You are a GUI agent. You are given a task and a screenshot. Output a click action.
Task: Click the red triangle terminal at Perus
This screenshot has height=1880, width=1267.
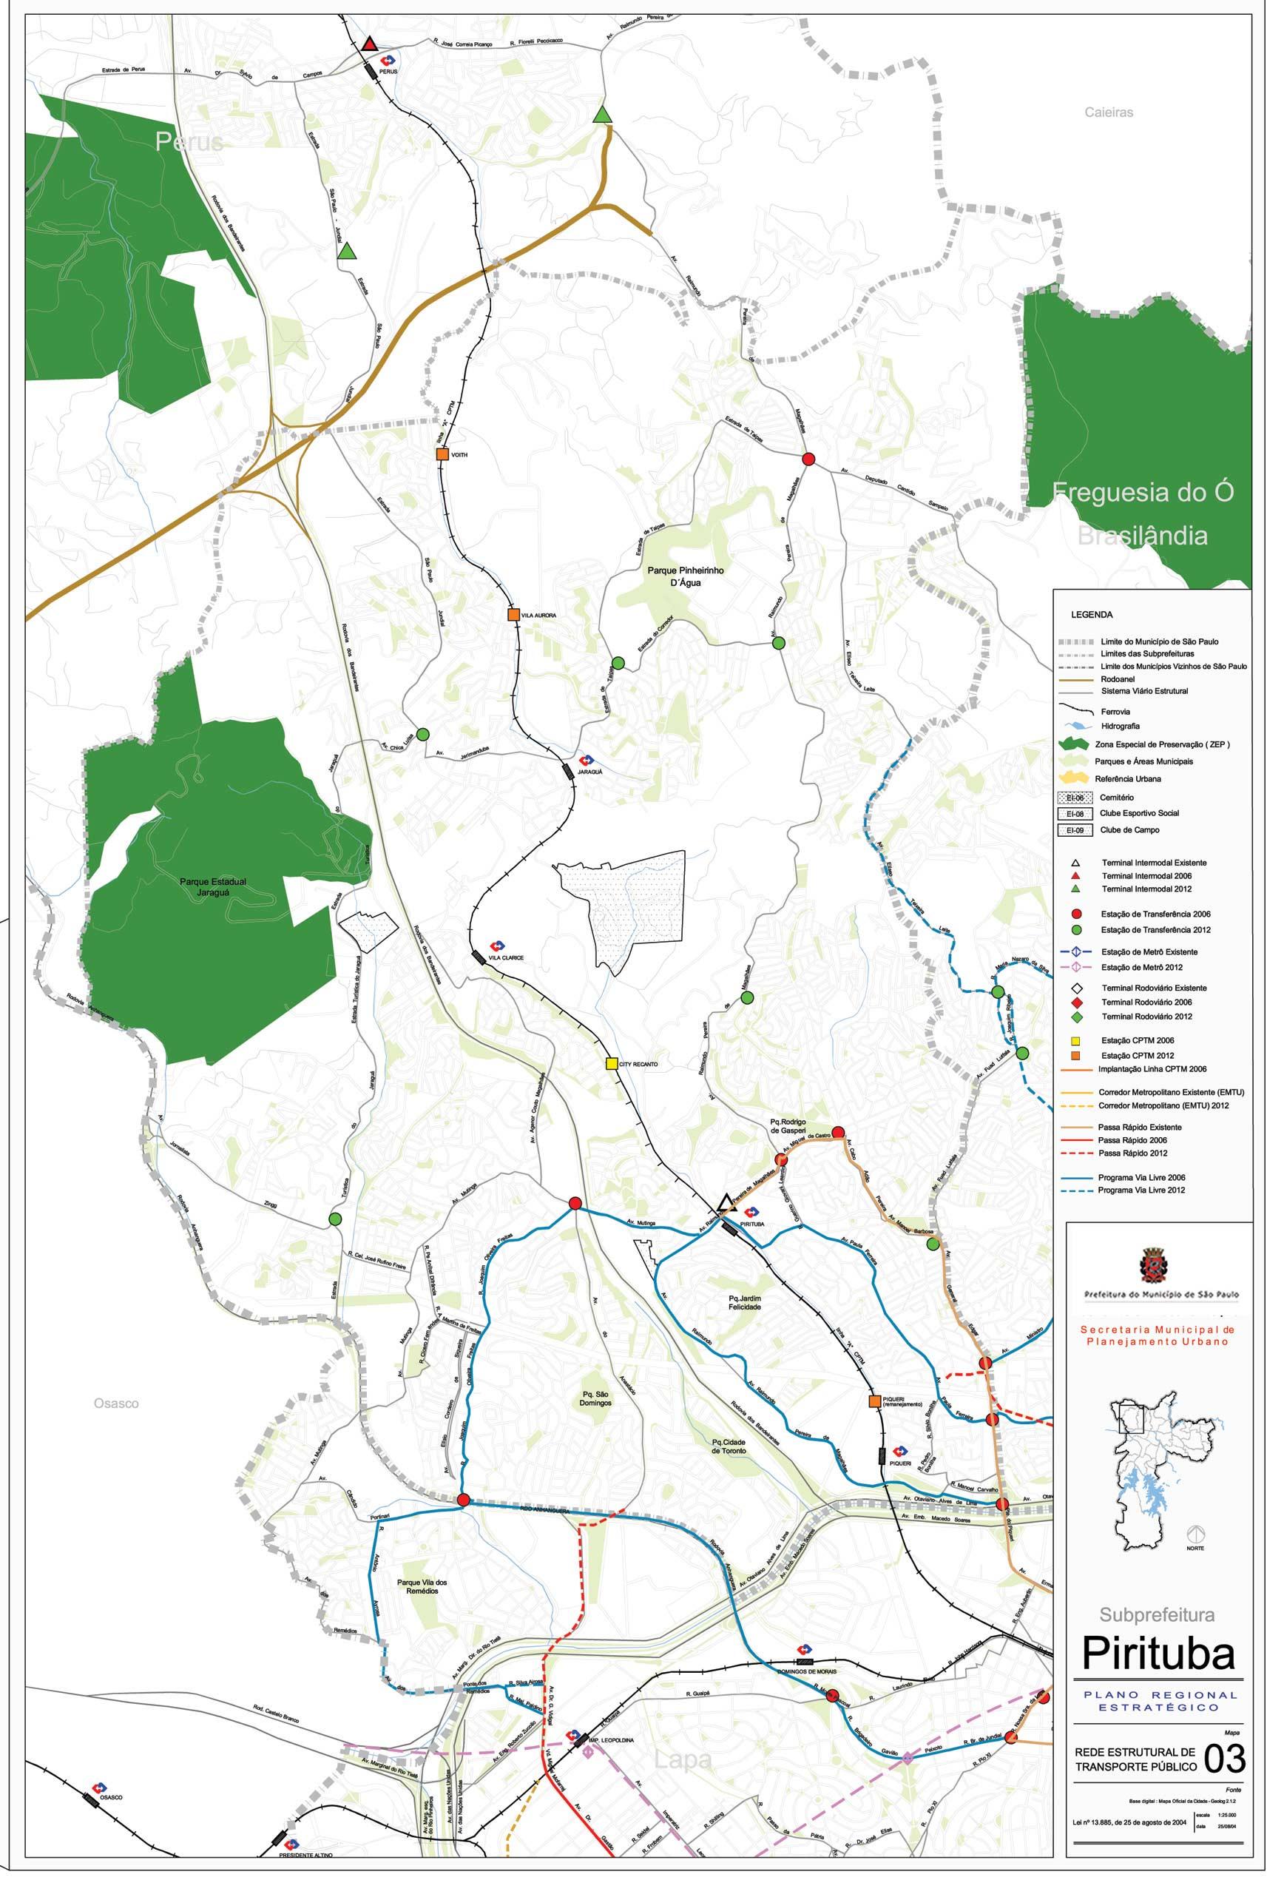(x=370, y=44)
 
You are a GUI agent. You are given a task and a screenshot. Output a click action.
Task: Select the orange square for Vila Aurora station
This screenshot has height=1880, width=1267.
(x=513, y=614)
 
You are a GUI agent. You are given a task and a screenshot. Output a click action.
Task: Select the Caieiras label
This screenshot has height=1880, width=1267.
(x=1109, y=113)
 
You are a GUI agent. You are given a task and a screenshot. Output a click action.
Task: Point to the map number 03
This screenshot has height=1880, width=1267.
(x=1223, y=1779)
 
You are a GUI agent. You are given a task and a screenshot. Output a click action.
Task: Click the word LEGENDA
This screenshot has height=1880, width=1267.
(x=1092, y=615)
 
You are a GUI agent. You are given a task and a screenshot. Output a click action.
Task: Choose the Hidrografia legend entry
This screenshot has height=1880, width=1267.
(x=1118, y=727)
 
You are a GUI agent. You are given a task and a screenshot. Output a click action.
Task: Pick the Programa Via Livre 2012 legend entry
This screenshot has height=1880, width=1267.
(x=1141, y=1190)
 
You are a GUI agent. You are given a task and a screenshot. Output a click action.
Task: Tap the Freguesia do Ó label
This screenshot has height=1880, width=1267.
(x=1142, y=493)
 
